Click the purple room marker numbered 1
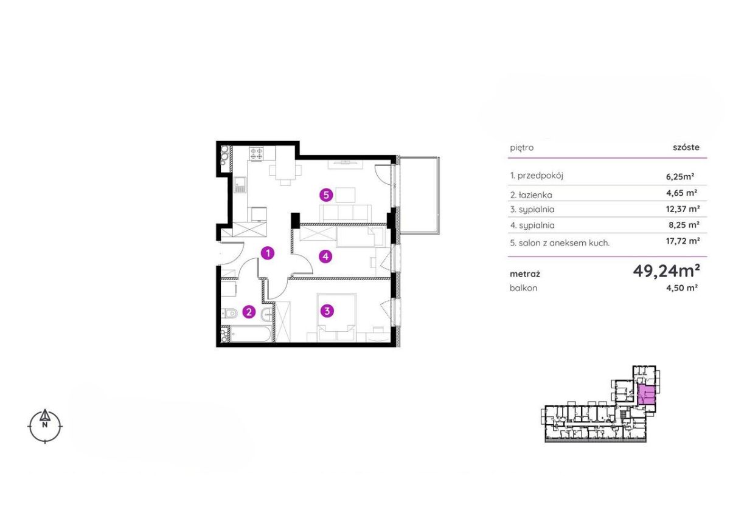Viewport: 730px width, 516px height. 268,253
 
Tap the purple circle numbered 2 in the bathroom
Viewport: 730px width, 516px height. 249,312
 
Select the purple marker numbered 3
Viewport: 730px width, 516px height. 327,311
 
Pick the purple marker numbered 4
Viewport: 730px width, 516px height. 325,257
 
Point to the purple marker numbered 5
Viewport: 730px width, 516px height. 326,195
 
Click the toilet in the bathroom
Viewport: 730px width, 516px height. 229,314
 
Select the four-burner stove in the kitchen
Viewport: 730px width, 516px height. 256,153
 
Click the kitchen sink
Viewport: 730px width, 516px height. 240,185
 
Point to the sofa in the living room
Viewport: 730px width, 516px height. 346,214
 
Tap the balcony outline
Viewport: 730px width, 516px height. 440,195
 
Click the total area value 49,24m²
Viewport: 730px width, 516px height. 666,270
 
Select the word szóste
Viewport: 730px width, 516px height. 686,148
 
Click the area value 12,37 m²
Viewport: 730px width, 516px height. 683,208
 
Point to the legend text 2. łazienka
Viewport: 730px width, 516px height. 531,195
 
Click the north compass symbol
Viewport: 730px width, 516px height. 45,425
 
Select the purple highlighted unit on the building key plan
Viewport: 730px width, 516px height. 646,394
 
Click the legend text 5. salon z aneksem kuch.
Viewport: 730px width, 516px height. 560,243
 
